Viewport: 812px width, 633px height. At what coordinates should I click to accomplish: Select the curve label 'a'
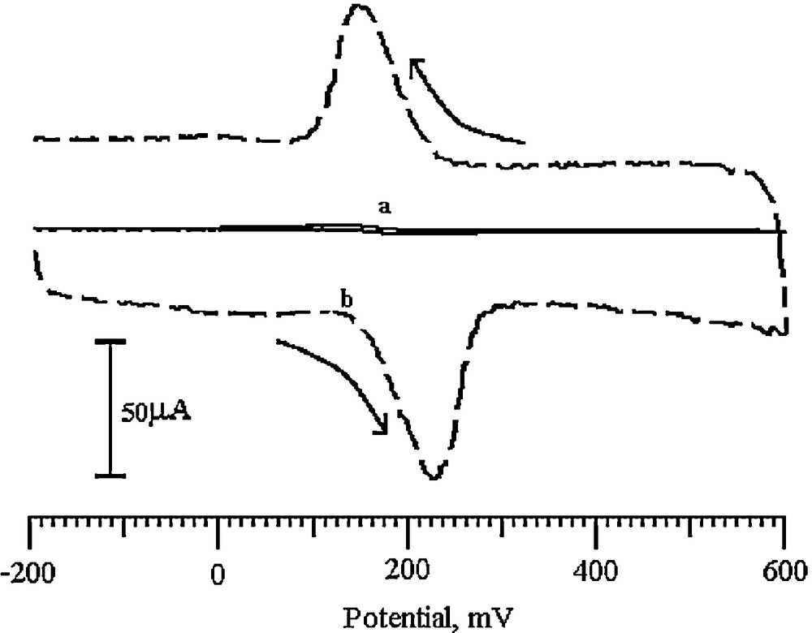pos(385,208)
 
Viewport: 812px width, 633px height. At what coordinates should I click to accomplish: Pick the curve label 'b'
pos(347,301)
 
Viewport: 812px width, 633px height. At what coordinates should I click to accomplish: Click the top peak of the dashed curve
pos(361,7)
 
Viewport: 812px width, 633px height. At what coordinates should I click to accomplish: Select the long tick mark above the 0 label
pos(218,530)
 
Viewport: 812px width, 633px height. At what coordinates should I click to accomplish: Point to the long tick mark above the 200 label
pos(408,530)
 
